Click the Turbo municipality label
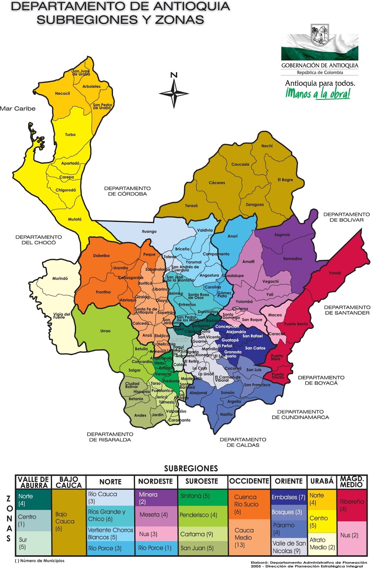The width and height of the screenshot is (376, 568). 70,135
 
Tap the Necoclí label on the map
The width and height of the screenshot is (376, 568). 62,93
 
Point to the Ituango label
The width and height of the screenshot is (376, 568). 149,231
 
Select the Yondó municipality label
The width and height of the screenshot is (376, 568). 335,273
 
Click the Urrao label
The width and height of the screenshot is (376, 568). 105,331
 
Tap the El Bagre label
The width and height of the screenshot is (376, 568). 285,180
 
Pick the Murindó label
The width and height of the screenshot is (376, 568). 60,278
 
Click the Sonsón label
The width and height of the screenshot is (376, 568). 228,393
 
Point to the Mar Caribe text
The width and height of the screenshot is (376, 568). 18,109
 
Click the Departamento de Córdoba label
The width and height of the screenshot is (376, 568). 127,191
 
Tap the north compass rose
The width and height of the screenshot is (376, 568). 174,93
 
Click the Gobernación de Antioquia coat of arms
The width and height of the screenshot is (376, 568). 320,35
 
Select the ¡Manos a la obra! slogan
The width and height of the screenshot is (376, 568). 318,93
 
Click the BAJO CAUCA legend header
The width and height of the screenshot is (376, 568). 69,482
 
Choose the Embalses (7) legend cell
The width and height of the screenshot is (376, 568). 288,497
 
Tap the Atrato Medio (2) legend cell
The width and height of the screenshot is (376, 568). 322,544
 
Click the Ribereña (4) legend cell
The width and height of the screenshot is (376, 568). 352,505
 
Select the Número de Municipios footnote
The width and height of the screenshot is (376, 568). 40,561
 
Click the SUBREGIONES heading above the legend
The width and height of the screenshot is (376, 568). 191,468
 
